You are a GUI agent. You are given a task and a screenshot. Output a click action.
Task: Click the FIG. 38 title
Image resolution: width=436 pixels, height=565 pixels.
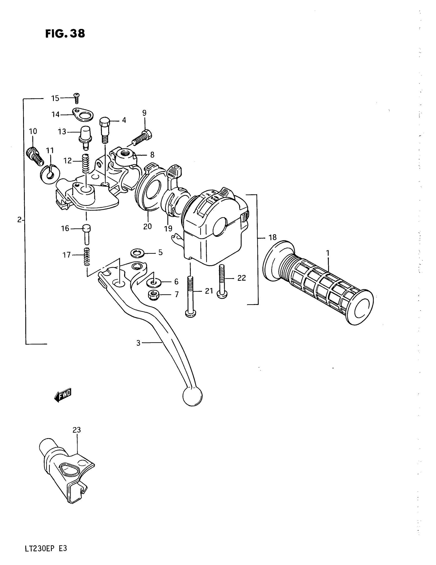click(65, 34)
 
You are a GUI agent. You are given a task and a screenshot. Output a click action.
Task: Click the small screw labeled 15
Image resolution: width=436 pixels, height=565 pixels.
click(76, 98)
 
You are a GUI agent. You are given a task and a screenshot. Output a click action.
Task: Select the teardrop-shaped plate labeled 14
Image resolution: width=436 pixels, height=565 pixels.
click(83, 114)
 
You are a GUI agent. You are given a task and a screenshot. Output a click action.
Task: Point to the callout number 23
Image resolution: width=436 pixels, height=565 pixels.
click(77, 430)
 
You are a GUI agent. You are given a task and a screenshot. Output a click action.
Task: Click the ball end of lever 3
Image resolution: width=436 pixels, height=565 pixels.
click(192, 396)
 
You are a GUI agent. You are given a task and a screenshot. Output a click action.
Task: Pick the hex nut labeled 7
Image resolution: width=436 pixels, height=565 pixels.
click(154, 295)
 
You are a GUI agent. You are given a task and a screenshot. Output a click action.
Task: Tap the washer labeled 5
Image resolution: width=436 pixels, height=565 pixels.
click(137, 253)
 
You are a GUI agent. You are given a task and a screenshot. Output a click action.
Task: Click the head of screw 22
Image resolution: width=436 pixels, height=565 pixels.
click(222, 294)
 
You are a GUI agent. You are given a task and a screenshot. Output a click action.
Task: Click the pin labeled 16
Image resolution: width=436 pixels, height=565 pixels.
click(86, 234)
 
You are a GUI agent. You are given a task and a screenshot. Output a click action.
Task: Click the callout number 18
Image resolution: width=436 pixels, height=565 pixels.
click(272, 237)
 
